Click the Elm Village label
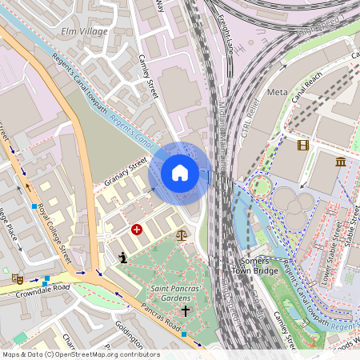(84, 30)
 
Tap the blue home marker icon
(180, 173)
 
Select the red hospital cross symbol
(137, 230)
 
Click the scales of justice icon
(181, 235)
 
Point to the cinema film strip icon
(302, 145)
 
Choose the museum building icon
(342, 162)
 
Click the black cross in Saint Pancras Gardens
(186, 310)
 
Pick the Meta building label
(277, 92)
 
